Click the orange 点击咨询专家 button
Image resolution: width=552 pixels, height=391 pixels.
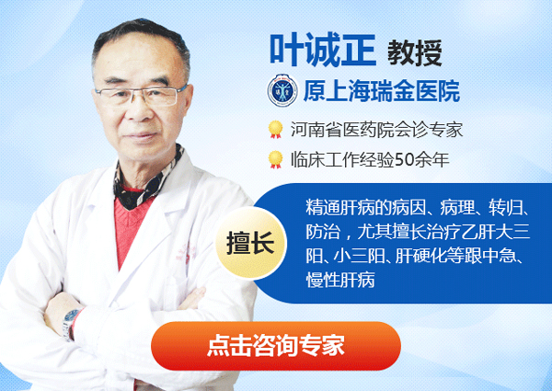click(x=276, y=346)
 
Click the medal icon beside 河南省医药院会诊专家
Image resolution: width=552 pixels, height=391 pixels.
click(x=274, y=129)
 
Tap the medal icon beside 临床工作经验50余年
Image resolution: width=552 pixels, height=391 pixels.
click(x=274, y=159)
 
